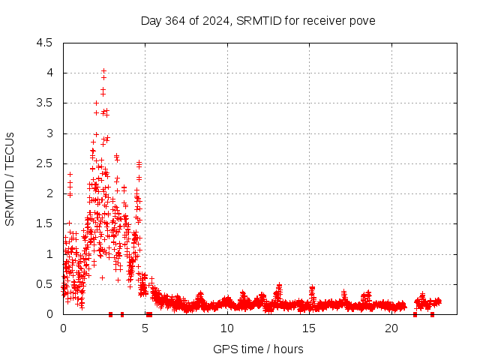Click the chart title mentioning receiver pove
(258, 20)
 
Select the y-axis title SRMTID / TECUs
(10, 178)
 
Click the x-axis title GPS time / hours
(258, 349)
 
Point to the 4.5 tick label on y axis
(44, 43)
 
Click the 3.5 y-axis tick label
(44, 103)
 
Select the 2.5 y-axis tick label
(44, 163)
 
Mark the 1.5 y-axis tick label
(44, 223)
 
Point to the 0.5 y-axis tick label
(44, 283)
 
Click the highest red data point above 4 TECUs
(103, 70)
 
